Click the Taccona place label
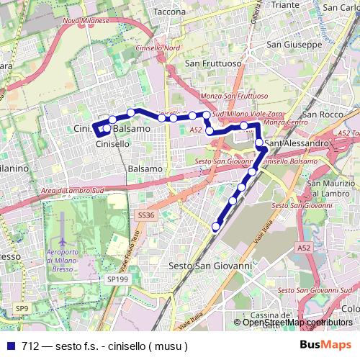pos(170,12)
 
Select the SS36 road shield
pos(146,215)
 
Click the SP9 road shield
pos(22,309)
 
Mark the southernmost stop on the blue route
pos(215,227)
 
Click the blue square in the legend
pos(11,345)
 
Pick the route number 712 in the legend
pos(30,345)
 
